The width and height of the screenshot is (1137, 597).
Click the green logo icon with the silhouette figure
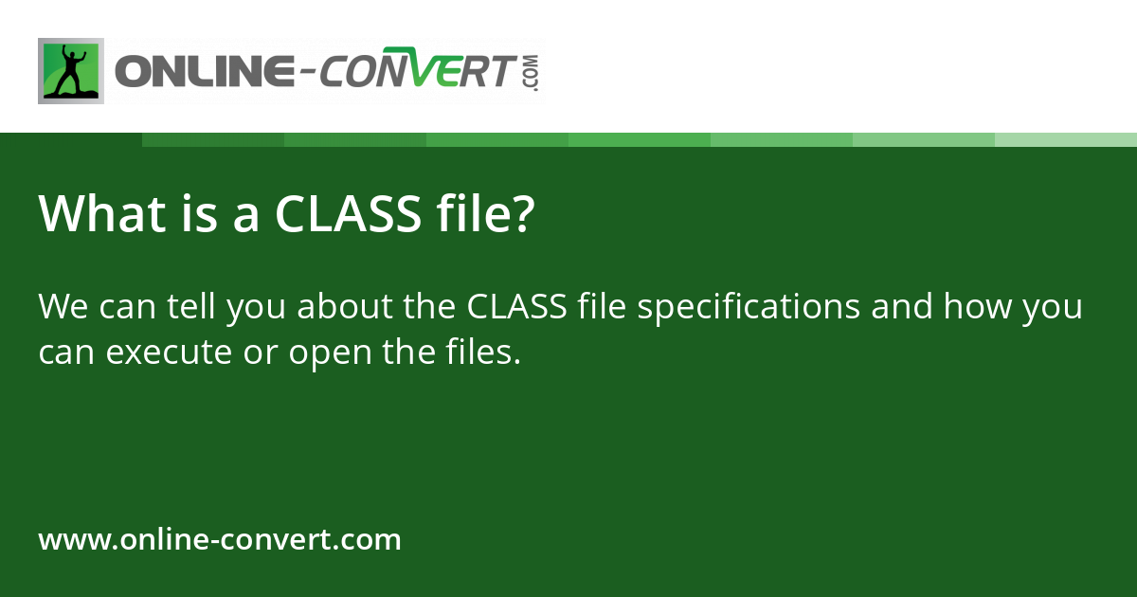tap(71, 71)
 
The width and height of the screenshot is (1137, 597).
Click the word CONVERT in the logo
tap(416, 73)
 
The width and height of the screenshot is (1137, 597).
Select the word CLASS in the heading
tap(348, 214)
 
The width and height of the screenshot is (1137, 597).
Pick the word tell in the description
tap(190, 308)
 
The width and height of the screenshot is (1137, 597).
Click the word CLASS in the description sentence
tap(517, 308)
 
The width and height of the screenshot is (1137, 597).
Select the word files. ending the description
tap(483, 353)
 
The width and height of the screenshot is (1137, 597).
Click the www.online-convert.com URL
tap(220, 540)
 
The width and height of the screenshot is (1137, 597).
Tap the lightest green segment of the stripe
tap(1066, 139)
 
